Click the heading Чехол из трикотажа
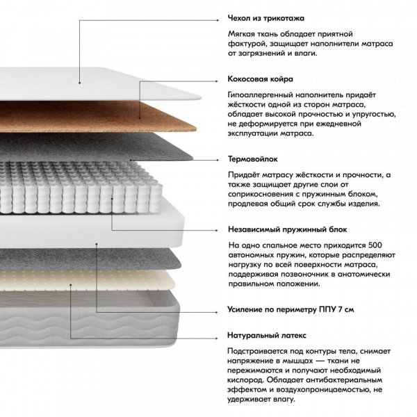click(266, 18)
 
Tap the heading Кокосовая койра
click(261, 79)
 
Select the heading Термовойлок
click(253, 159)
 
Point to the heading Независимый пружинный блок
click(288, 229)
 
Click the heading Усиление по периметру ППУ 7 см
click(291, 309)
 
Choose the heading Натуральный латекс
click(267, 336)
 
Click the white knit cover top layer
click(99, 84)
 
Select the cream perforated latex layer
click(88, 280)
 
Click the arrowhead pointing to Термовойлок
click(218, 160)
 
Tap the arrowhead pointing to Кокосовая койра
click(217, 81)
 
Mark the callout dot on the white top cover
click(79, 83)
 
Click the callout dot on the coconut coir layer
click(140, 117)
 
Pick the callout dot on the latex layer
click(71, 284)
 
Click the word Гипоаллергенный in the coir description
click(261, 95)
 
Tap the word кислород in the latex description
click(245, 380)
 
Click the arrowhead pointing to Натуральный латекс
click(217, 338)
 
